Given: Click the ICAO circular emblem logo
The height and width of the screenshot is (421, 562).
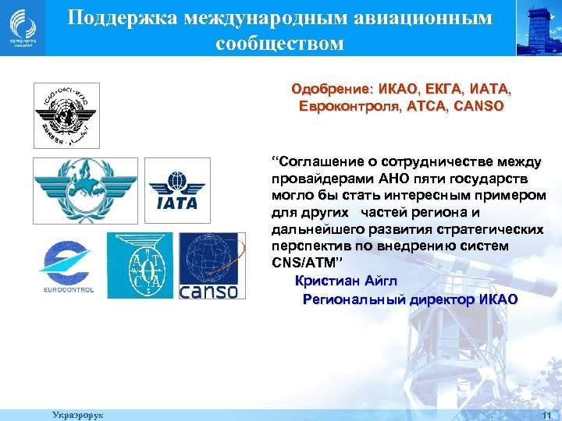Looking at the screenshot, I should [x=66, y=115].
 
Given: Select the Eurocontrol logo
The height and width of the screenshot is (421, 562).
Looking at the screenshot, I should [x=66, y=266].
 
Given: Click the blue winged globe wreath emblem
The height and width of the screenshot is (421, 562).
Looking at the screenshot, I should [x=84, y=189].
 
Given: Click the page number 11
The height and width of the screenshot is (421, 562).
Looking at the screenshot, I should [x=546, y=416].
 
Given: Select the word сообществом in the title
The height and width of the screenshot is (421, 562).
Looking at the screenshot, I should [x=279, y=42].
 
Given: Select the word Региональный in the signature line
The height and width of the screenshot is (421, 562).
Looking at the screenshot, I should [x=350, y=299].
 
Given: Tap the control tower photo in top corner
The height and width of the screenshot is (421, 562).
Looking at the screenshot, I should [x=539, y=28].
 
